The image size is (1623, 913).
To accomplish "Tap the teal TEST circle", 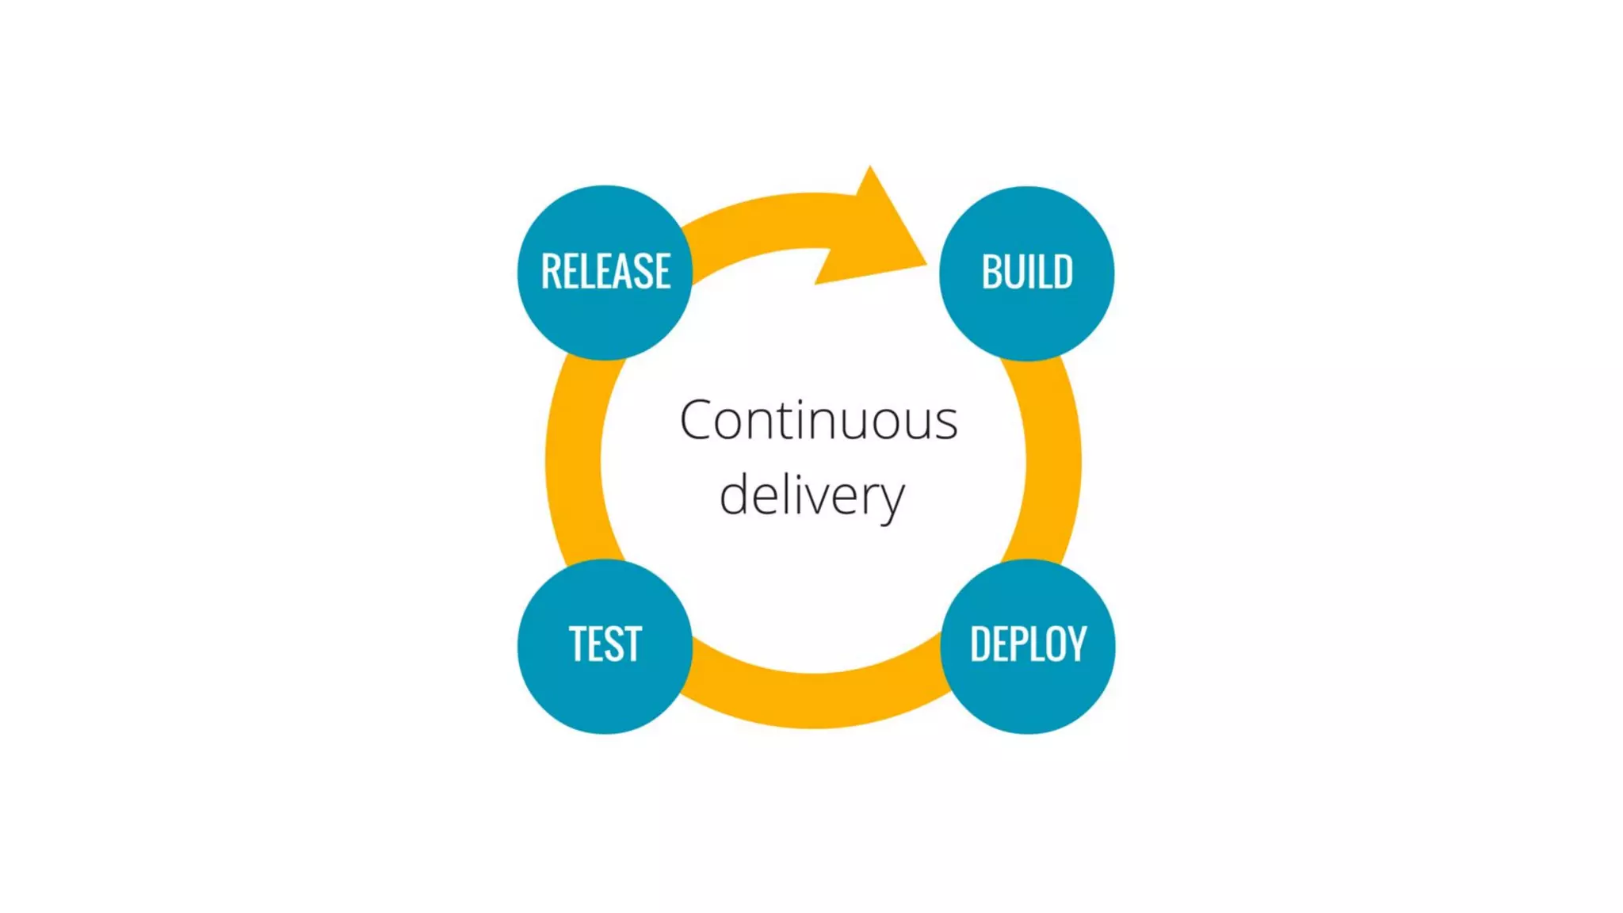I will [x=605, y=686].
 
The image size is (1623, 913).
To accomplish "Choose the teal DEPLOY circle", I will [x=1028, y=686].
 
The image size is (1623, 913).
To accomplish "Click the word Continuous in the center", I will [x=819, y=420].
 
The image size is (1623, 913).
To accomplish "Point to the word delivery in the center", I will [x=811, y=496].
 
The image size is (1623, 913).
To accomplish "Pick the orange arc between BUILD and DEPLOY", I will [x=1052, y=460].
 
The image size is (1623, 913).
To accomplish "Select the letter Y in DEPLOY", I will [x=1075, y=644].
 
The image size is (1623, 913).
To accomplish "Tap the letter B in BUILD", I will [x=991, y=272].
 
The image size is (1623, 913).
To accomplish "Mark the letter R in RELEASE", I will [x=551, y=271].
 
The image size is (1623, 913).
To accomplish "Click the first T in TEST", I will [x=579, y=644].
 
